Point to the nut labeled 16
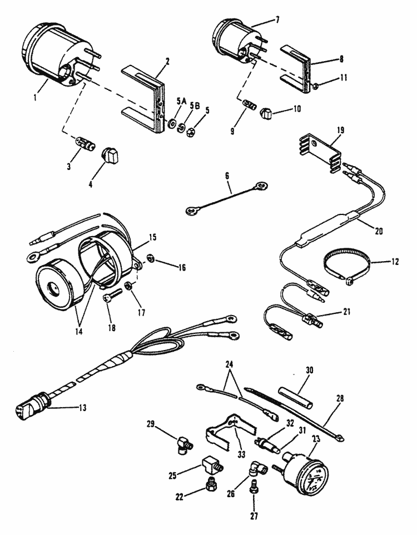coord(150,258)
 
